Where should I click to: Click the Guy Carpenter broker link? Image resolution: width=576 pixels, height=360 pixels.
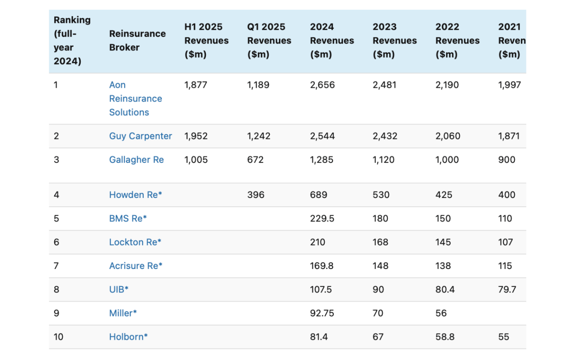click(x=140, y=136)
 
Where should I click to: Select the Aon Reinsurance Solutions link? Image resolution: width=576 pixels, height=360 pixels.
click(x=135, y=99)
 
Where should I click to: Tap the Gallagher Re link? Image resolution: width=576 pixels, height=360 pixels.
click(x=136, y=160)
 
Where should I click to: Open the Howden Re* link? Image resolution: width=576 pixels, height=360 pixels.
click(x=135, y=195)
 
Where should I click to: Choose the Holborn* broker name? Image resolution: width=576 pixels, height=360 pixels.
click(x=128, y=337)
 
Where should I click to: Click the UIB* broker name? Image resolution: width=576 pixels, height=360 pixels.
click(x=118, y=289)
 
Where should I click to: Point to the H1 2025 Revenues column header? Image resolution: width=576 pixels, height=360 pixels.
click(x=206, y=40)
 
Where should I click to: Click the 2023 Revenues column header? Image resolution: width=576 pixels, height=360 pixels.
click(x=394, y=40)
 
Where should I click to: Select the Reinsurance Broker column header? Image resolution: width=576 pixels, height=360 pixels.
click(x=137, y=40)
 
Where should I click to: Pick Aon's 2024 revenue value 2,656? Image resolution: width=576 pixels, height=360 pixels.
click(x=322, y=85)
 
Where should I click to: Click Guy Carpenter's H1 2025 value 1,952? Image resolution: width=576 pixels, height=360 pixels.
click(x=196, y=136)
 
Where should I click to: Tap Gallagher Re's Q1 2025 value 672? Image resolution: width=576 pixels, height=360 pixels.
click(x=255, y=160)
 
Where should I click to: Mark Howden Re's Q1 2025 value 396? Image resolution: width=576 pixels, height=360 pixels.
click(x=255, y=195)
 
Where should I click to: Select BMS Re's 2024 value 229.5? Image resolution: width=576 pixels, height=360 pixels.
click(x=322, y=219)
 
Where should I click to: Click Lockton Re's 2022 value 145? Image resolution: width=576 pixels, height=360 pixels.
click(x=443, y=242)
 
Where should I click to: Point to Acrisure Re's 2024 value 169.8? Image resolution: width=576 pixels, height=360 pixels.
click(x=321, y=266)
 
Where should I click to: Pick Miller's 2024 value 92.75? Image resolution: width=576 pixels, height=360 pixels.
click(x=322, y=313)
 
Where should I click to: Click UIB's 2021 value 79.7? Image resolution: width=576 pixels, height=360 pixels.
click(x=507, y=289)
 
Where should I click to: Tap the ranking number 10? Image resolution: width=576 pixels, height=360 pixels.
click(x=58, y=337)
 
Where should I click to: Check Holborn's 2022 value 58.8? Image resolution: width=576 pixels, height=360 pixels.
click(x=445, y=337)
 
